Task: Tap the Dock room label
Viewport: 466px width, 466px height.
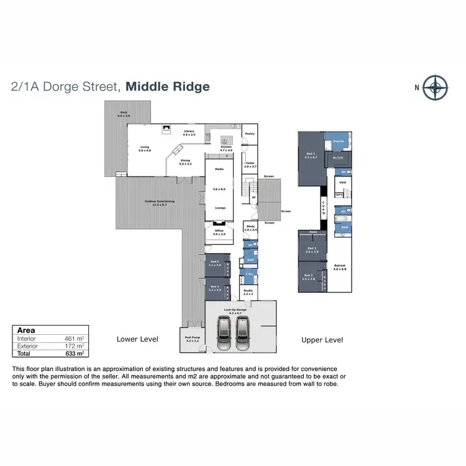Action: (x=124, y=114)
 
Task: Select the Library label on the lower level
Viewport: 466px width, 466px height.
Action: (x=190, y=132)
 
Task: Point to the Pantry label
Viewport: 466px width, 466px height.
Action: (x=249, y=134)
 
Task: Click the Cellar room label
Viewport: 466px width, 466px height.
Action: (x=250, y=165)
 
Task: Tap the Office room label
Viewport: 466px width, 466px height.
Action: (x=219, y=232)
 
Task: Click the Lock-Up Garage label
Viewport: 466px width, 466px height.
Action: (x=240, y=309)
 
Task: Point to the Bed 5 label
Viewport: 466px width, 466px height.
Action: (x=215, y=263)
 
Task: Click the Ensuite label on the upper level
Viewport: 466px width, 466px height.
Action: (x=339, y=142)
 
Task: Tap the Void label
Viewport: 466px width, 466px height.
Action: (x=342, y=182)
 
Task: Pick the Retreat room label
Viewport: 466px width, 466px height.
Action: (x=339, y=267)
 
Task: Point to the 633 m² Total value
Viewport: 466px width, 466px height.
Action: (x=74, y=353)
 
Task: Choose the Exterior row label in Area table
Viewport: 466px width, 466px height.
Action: (x=27, y=345)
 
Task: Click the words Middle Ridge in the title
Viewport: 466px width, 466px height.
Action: (x=168, y=87)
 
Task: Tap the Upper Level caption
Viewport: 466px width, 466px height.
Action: (x=322, y=340)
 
